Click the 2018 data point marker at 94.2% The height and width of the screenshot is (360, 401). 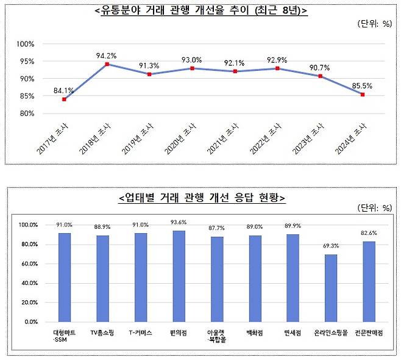click(107, 64)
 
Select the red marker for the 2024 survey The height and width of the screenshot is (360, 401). click(363, 95)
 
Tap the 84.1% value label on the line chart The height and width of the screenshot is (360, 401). click(64, 91)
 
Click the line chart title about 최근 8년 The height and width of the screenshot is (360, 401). click(201, 11)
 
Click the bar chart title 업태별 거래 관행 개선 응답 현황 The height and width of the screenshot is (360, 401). click(200, 198)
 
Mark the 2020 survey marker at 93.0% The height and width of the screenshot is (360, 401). click(192, 68)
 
